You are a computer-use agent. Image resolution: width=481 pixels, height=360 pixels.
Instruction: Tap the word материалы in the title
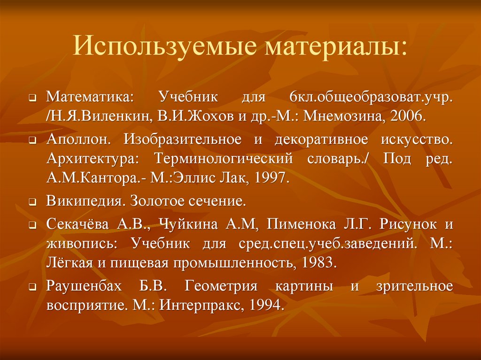(331, 47)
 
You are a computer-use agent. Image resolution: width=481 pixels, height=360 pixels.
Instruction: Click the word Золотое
(155, 202)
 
